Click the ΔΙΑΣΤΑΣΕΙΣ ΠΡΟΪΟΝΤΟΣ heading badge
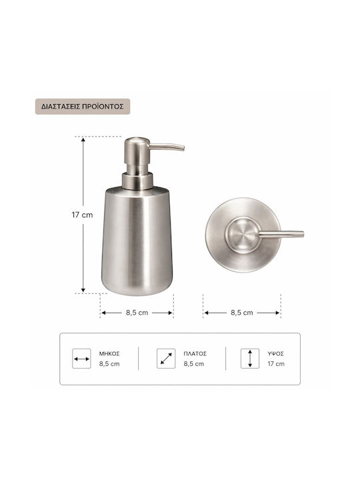point(83,107)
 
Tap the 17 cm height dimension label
point(82,215)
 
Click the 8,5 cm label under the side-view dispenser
point(137,313)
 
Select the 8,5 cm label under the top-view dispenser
point(242,313)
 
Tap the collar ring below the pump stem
point(137,181)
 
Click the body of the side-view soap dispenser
point(137,241)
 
